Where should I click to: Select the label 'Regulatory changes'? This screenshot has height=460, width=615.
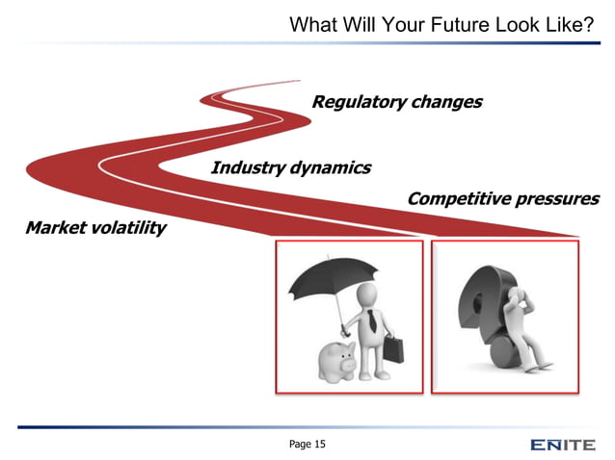(396, 102)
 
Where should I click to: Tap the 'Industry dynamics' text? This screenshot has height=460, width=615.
(290, 167)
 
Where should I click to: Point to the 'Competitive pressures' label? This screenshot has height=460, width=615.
(502, 199)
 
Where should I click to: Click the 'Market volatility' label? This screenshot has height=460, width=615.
(95, 228)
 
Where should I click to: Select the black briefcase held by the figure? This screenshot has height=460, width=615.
(391, 347)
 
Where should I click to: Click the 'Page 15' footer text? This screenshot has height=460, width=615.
(307, 444)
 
